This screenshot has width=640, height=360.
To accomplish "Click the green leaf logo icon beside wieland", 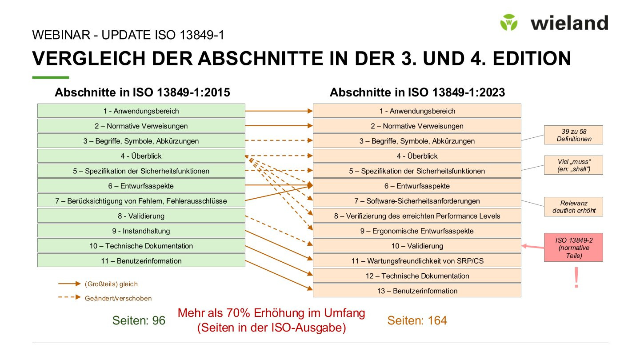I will click(509, 22).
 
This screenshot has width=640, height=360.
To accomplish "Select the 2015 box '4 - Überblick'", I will click(141, 156).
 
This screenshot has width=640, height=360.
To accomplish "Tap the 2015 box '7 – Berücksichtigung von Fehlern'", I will click(141, 201).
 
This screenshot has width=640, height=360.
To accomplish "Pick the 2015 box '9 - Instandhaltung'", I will click(141, 231).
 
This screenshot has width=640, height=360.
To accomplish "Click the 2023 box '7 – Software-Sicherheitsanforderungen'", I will click(416, 201).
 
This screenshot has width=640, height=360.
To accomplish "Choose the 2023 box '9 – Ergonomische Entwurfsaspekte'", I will click(416, 231).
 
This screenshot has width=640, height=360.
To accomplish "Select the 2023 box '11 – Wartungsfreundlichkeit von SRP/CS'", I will click(416, 261).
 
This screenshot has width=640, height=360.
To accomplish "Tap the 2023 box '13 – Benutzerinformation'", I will click(416, 291).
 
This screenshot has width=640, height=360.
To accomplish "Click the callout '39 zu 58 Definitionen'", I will click(573, 135).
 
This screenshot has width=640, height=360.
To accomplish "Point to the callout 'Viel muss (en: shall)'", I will click(573, 165).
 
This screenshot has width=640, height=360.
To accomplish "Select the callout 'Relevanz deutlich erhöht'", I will click(573, 207).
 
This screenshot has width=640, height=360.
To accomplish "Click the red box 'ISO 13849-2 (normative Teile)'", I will click(573, 247).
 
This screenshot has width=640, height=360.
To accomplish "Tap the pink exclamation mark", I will click(576, 278).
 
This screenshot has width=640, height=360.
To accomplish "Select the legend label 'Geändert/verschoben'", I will click(118, 298).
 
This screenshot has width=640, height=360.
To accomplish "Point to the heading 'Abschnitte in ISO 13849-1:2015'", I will click(142, 92).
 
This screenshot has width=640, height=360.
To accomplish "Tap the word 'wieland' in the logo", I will click(569, 23).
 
